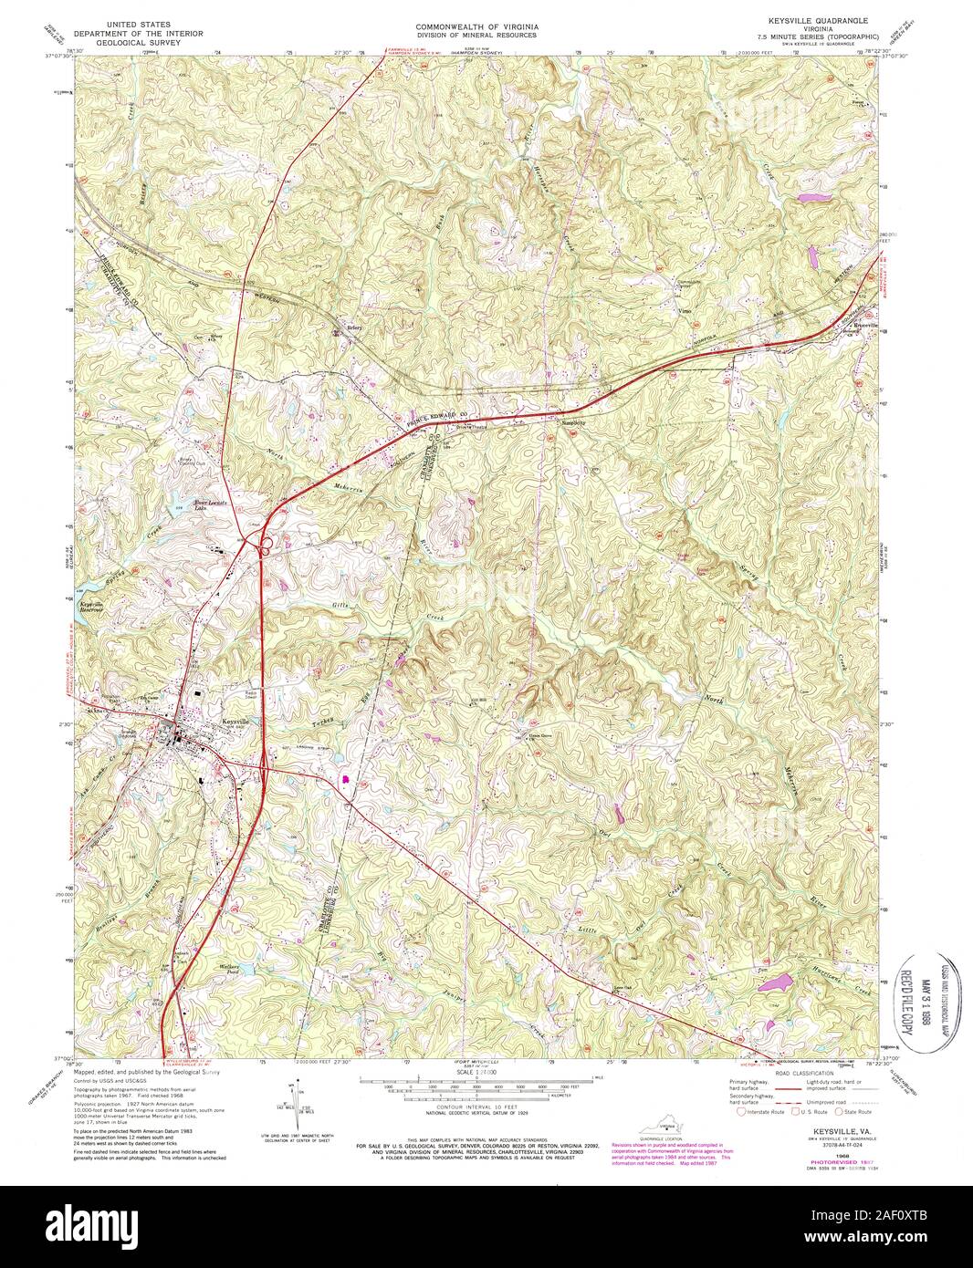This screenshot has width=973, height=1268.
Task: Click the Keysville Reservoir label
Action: coord(90,607)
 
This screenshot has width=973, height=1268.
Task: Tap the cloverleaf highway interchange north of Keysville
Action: coord(268,548)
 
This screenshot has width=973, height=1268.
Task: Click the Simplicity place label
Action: coord(573,422)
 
